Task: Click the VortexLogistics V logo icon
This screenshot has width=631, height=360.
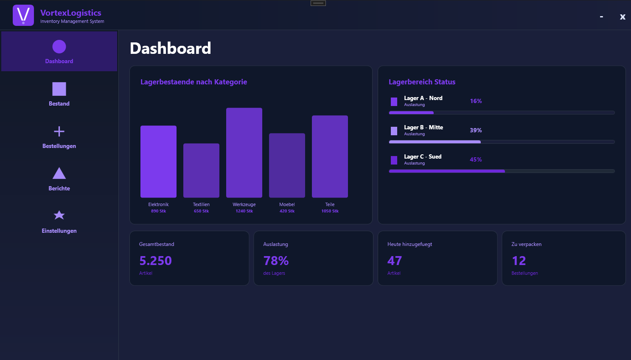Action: point(23,15)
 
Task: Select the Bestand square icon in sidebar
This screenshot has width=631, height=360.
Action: point(59,89)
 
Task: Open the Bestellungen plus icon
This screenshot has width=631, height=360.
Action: point(59,131)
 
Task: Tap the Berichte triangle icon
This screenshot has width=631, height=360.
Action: point(59,173)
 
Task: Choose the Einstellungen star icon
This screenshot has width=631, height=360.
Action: point(59,215)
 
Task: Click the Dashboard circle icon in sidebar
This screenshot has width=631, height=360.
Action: point(59,47)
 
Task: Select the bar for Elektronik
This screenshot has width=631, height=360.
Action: point(158,162)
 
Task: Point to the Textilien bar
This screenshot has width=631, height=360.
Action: point(201,170)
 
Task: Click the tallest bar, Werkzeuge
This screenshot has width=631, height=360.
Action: point(244,153)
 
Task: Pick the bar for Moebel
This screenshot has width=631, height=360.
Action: point(287,165)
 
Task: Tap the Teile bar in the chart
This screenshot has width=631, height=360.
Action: point(330,156)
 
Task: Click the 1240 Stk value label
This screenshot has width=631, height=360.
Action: point(244,211)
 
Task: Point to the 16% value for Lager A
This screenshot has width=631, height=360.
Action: point(476,101)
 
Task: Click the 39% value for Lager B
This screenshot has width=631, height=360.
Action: point(476,130)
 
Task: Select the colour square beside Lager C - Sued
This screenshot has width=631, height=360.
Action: point(394,160)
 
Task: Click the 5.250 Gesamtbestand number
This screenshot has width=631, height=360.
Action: point(155,260)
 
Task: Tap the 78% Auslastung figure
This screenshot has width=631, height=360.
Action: point(276,260)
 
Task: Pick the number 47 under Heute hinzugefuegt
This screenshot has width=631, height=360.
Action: point(395,260)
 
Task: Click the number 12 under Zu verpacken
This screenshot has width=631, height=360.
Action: point(519,260)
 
